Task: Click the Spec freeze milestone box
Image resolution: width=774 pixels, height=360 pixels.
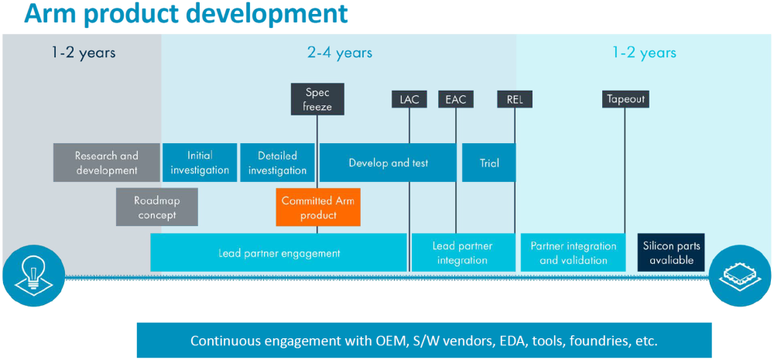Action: [317, 99]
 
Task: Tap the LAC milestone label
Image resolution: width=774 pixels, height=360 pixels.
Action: [409, 99]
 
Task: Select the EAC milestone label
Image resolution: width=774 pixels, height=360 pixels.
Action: [456, 99]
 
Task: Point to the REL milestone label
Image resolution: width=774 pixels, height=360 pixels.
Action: [515, 99]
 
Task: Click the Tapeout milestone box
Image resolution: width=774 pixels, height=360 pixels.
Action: [625, 99]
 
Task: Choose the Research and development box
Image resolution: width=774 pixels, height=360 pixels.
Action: [107, 163]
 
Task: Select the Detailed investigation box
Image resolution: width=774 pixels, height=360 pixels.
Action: [277, 163]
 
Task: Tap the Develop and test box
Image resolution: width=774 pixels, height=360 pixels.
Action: [388, 163]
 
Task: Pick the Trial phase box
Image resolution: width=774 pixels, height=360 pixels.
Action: [489, 163]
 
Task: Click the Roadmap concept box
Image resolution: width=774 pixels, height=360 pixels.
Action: [157, 207]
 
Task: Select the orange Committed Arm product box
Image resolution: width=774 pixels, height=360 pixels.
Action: [318, 207]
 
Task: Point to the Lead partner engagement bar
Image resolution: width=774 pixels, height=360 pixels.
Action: [279, 253]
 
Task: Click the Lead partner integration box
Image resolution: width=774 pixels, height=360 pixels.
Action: [463, 253]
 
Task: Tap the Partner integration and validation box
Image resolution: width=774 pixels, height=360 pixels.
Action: [574, 253]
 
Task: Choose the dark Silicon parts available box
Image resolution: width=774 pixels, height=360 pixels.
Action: [671, 253]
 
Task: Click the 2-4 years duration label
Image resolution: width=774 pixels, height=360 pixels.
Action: [340, 53]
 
